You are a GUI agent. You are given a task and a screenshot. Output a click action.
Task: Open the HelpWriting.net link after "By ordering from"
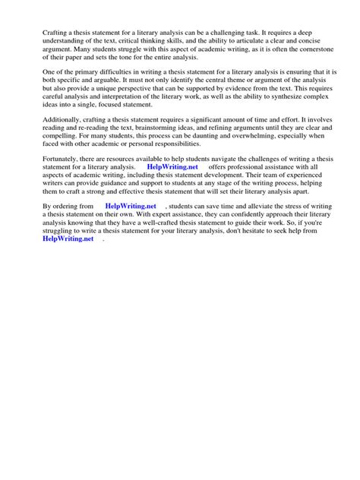point(131,226)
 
